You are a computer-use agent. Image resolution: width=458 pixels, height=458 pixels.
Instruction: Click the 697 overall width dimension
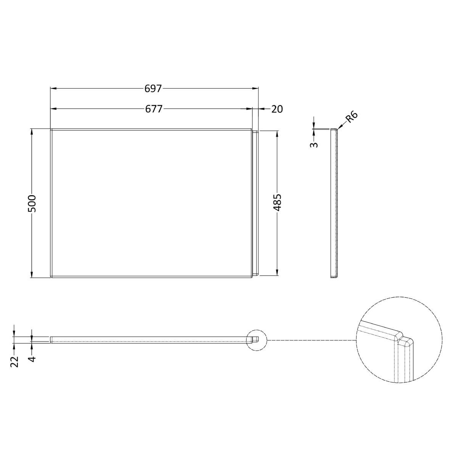point(153,89)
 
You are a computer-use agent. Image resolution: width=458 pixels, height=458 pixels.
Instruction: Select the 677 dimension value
point(154,109)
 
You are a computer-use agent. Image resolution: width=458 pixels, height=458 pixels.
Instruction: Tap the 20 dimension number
point(277,109)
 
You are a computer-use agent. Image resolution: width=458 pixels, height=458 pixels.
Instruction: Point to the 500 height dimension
point(32,203)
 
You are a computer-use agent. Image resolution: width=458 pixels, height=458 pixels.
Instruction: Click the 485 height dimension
point(277,203)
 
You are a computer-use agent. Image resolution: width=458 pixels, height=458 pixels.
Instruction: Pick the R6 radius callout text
point(351,118)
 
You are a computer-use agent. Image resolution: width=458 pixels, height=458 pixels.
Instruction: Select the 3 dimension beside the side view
point(314,144)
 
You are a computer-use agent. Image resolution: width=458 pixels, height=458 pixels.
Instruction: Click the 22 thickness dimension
point(15,361)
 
